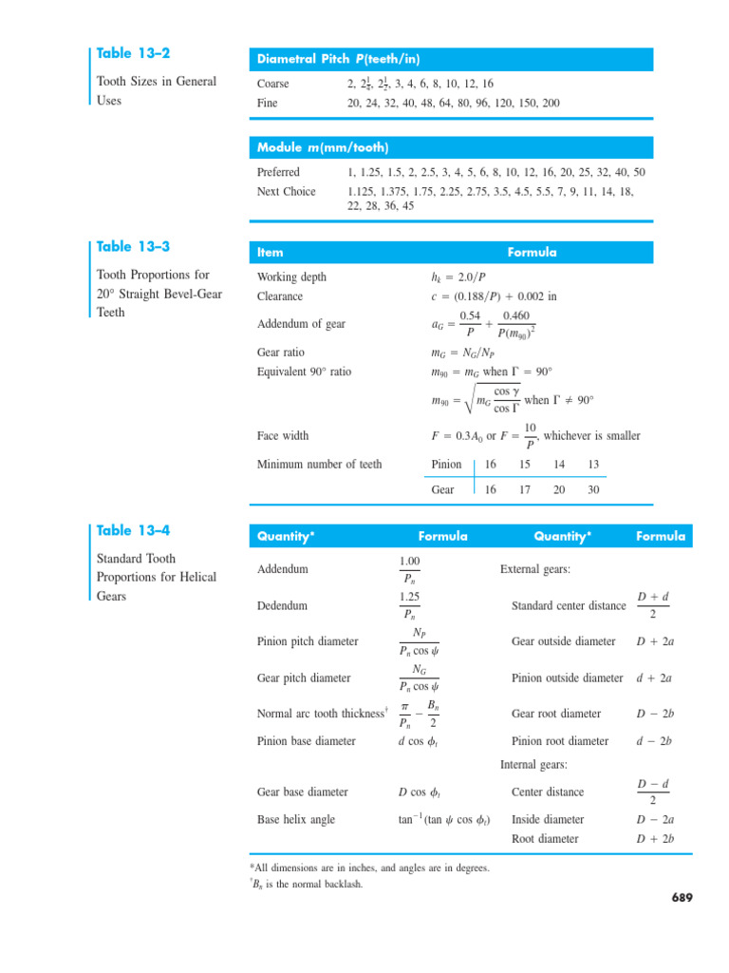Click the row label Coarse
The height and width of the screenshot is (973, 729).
pyautogui.click(x=273, y=84)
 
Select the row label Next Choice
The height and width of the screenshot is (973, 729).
pyautogui.click(x=287, y=191)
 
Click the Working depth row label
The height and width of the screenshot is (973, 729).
pyautogui.click(x=292, y=277)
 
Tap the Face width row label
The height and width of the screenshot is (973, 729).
pyautogui.click(x=283, y=436)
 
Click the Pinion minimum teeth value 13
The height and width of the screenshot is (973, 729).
pyautogui.click(x=593, y=465)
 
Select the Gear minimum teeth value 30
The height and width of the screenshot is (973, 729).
pyautogui.click(x=593, y=489)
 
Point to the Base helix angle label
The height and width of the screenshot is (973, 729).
pyautogui.click(x=295, y=819)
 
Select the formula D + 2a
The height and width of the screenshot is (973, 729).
pyautogui.click(x=654, y=641)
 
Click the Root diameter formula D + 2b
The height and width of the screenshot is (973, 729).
pyautogui.click(x=654, y=839)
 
